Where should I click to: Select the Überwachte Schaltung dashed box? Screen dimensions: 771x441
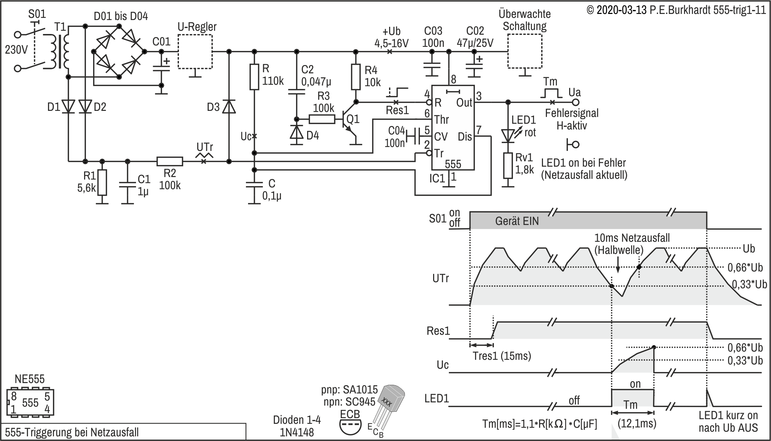pyautogui.click(x=508, y=51)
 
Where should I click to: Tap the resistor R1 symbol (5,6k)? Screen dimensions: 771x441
pyautogui.click(x=102, y=182)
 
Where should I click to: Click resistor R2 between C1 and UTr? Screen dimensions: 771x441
pyautogui.click(x=170, y=162)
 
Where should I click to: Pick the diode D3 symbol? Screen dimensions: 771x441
pyautogui.click(x=229, y=107)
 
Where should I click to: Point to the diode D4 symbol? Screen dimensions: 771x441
pyautogui.click(x=296, y=132)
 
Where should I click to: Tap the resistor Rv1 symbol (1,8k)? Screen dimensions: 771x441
pyautogui.click(x=508, y=166)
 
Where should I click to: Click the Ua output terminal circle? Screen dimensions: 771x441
pyautogui.click(x=575, y=102)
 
